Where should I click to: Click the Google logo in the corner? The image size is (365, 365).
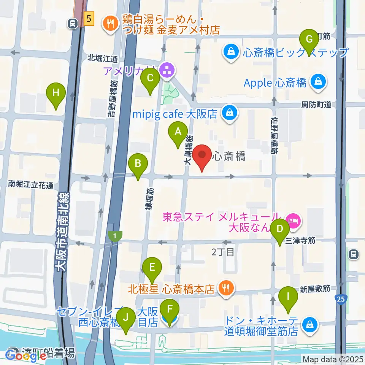25,356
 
